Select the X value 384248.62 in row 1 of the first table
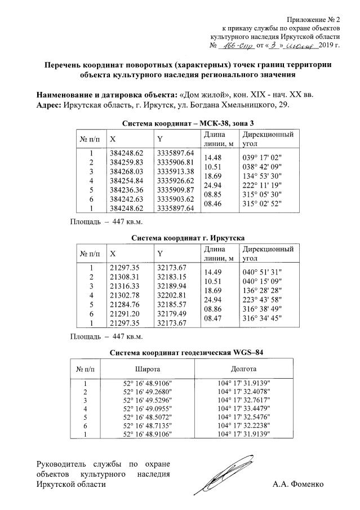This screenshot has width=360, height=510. (x=126, y=153)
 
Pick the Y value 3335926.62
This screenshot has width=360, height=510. (x=175, y=180)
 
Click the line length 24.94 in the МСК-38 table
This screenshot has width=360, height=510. (x=212, y=185)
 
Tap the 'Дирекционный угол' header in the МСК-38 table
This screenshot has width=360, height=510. (x=267, y=140)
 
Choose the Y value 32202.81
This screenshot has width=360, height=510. (x=173, y=294)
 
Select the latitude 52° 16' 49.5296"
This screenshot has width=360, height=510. (x=146, y=399)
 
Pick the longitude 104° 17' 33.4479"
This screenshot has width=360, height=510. (x=243, y=408)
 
